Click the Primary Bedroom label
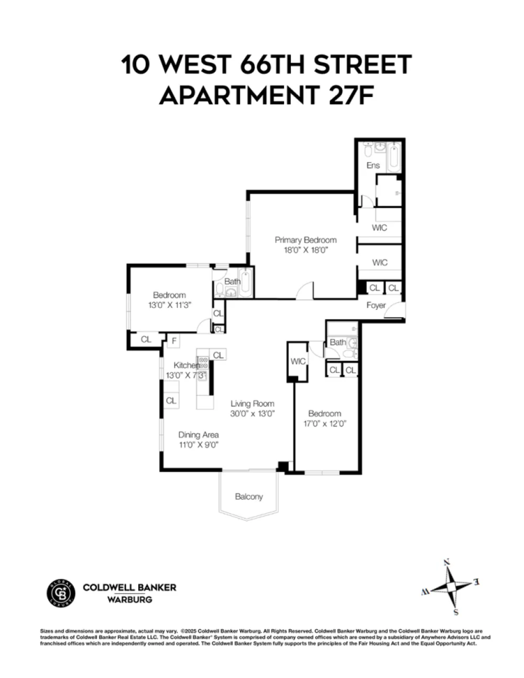(305, 240)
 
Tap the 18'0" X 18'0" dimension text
(306, 250)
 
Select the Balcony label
(249, 496)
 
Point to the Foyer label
(376, 305)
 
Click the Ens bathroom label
(373, 165)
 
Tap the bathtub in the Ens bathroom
(394, 157)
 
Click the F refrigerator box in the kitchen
(174, 341)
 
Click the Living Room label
(252, 403)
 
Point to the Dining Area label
(198, 435)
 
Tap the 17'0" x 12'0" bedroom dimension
(325, 423)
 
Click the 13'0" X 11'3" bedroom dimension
(169, 305)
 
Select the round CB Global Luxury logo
(61, 593)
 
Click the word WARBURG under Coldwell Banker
(129, 599)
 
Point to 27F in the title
(351, 94)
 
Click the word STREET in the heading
(363, 64)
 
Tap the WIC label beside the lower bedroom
(298, 361)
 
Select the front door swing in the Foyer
(395, 310)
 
